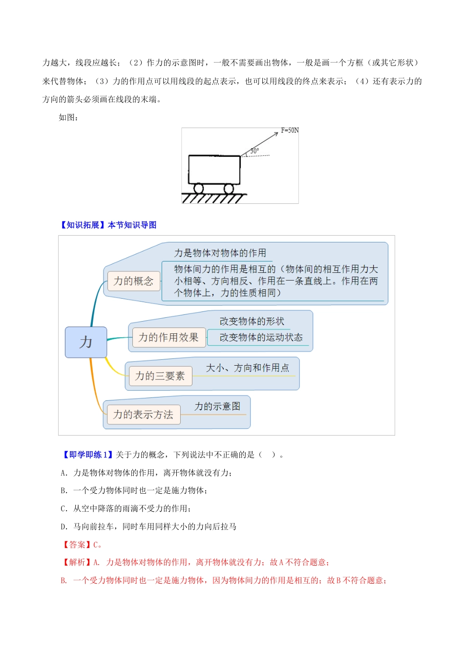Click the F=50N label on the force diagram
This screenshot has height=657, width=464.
click(290, 130)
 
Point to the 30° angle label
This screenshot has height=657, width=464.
click(254, 151)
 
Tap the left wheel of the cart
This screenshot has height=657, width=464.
click(198, 188)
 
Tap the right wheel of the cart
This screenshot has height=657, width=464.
click(229, 188)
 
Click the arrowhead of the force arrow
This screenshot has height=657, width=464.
click(276, 134)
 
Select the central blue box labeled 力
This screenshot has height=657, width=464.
click(86, 342)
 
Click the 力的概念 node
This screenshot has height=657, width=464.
click(134, 281)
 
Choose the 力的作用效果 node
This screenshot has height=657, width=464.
click(169, 337)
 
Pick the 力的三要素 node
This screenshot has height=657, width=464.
click(160, 376)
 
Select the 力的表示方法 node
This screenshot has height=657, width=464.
click(144, 415)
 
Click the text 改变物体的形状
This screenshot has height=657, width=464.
click(252, 321)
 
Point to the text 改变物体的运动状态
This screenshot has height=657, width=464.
click(261, 337)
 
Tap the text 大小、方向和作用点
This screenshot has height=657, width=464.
click(248, 368)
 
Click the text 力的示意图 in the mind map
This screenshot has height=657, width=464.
click(217, 406)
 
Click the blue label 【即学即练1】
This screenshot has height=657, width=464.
click(87, 455)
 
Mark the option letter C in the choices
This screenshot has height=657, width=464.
click(63, 508)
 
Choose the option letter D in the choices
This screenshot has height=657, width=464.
click(63, 527)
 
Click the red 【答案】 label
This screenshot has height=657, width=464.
click(77, 545)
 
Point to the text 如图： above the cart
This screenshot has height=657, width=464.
click(68, 117)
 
